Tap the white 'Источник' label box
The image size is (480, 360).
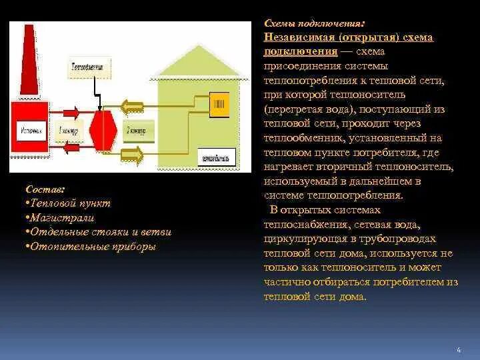(x=31, y=131)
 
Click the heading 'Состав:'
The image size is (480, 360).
(x=41, y=190)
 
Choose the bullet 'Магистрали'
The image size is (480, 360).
(x=61, y=217)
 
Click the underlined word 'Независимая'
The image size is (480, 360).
(x=297, y=38)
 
